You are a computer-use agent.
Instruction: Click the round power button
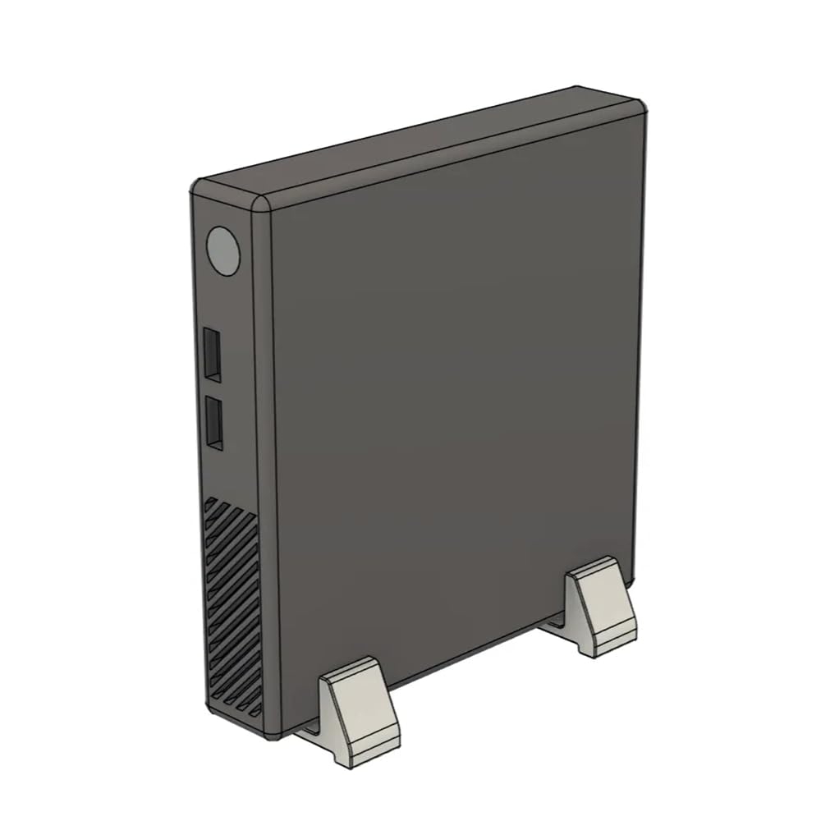222,250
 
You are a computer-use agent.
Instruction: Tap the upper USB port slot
212,355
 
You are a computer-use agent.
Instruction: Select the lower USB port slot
213,424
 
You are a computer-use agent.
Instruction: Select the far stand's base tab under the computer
552,626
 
